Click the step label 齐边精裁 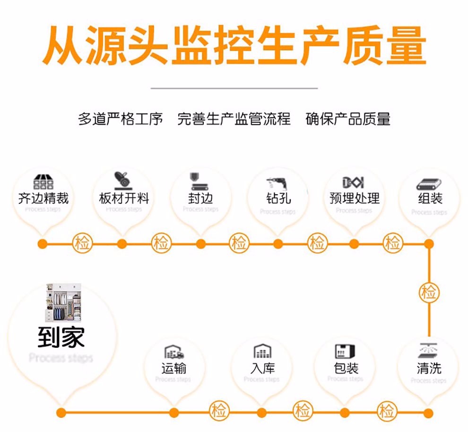point(43,198)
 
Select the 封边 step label point(200,198)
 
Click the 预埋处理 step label point(354,198)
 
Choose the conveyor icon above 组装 point(429,183)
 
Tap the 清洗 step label point(429,368)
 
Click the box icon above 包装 point(345,351)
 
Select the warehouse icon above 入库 point(262,351)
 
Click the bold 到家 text point(61,337)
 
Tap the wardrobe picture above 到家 point(63,302)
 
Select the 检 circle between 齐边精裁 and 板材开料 point(83,244)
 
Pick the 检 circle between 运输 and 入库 point(218,410)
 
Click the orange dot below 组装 point(429,244)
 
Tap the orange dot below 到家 point(61,413)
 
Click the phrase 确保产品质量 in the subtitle point(348,119)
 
